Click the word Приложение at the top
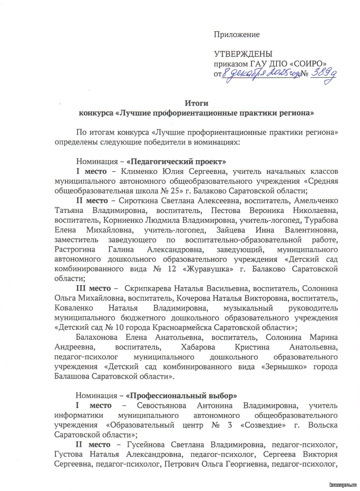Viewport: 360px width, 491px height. pyautogui.click(x=236, y=35)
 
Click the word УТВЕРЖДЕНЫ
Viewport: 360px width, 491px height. pyautogui.click(x=243, y=54)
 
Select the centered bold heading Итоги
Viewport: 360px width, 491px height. pyautogui.click(x=196, y=103)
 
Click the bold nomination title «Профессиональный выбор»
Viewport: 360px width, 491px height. pyautogui.click(x=181, y=396)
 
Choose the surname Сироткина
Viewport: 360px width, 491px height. pyautogui.click(x=138, y=201)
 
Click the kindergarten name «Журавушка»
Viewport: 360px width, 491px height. pyautogui.click(x=208, y=269)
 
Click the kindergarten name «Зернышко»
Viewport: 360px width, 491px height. pyautogui.click(x=285, y=367)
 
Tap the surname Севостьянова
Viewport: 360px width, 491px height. pyautogui.click(x=161, y=406)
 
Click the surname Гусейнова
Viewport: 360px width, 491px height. pyautogui.click(x=146, y=445)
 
